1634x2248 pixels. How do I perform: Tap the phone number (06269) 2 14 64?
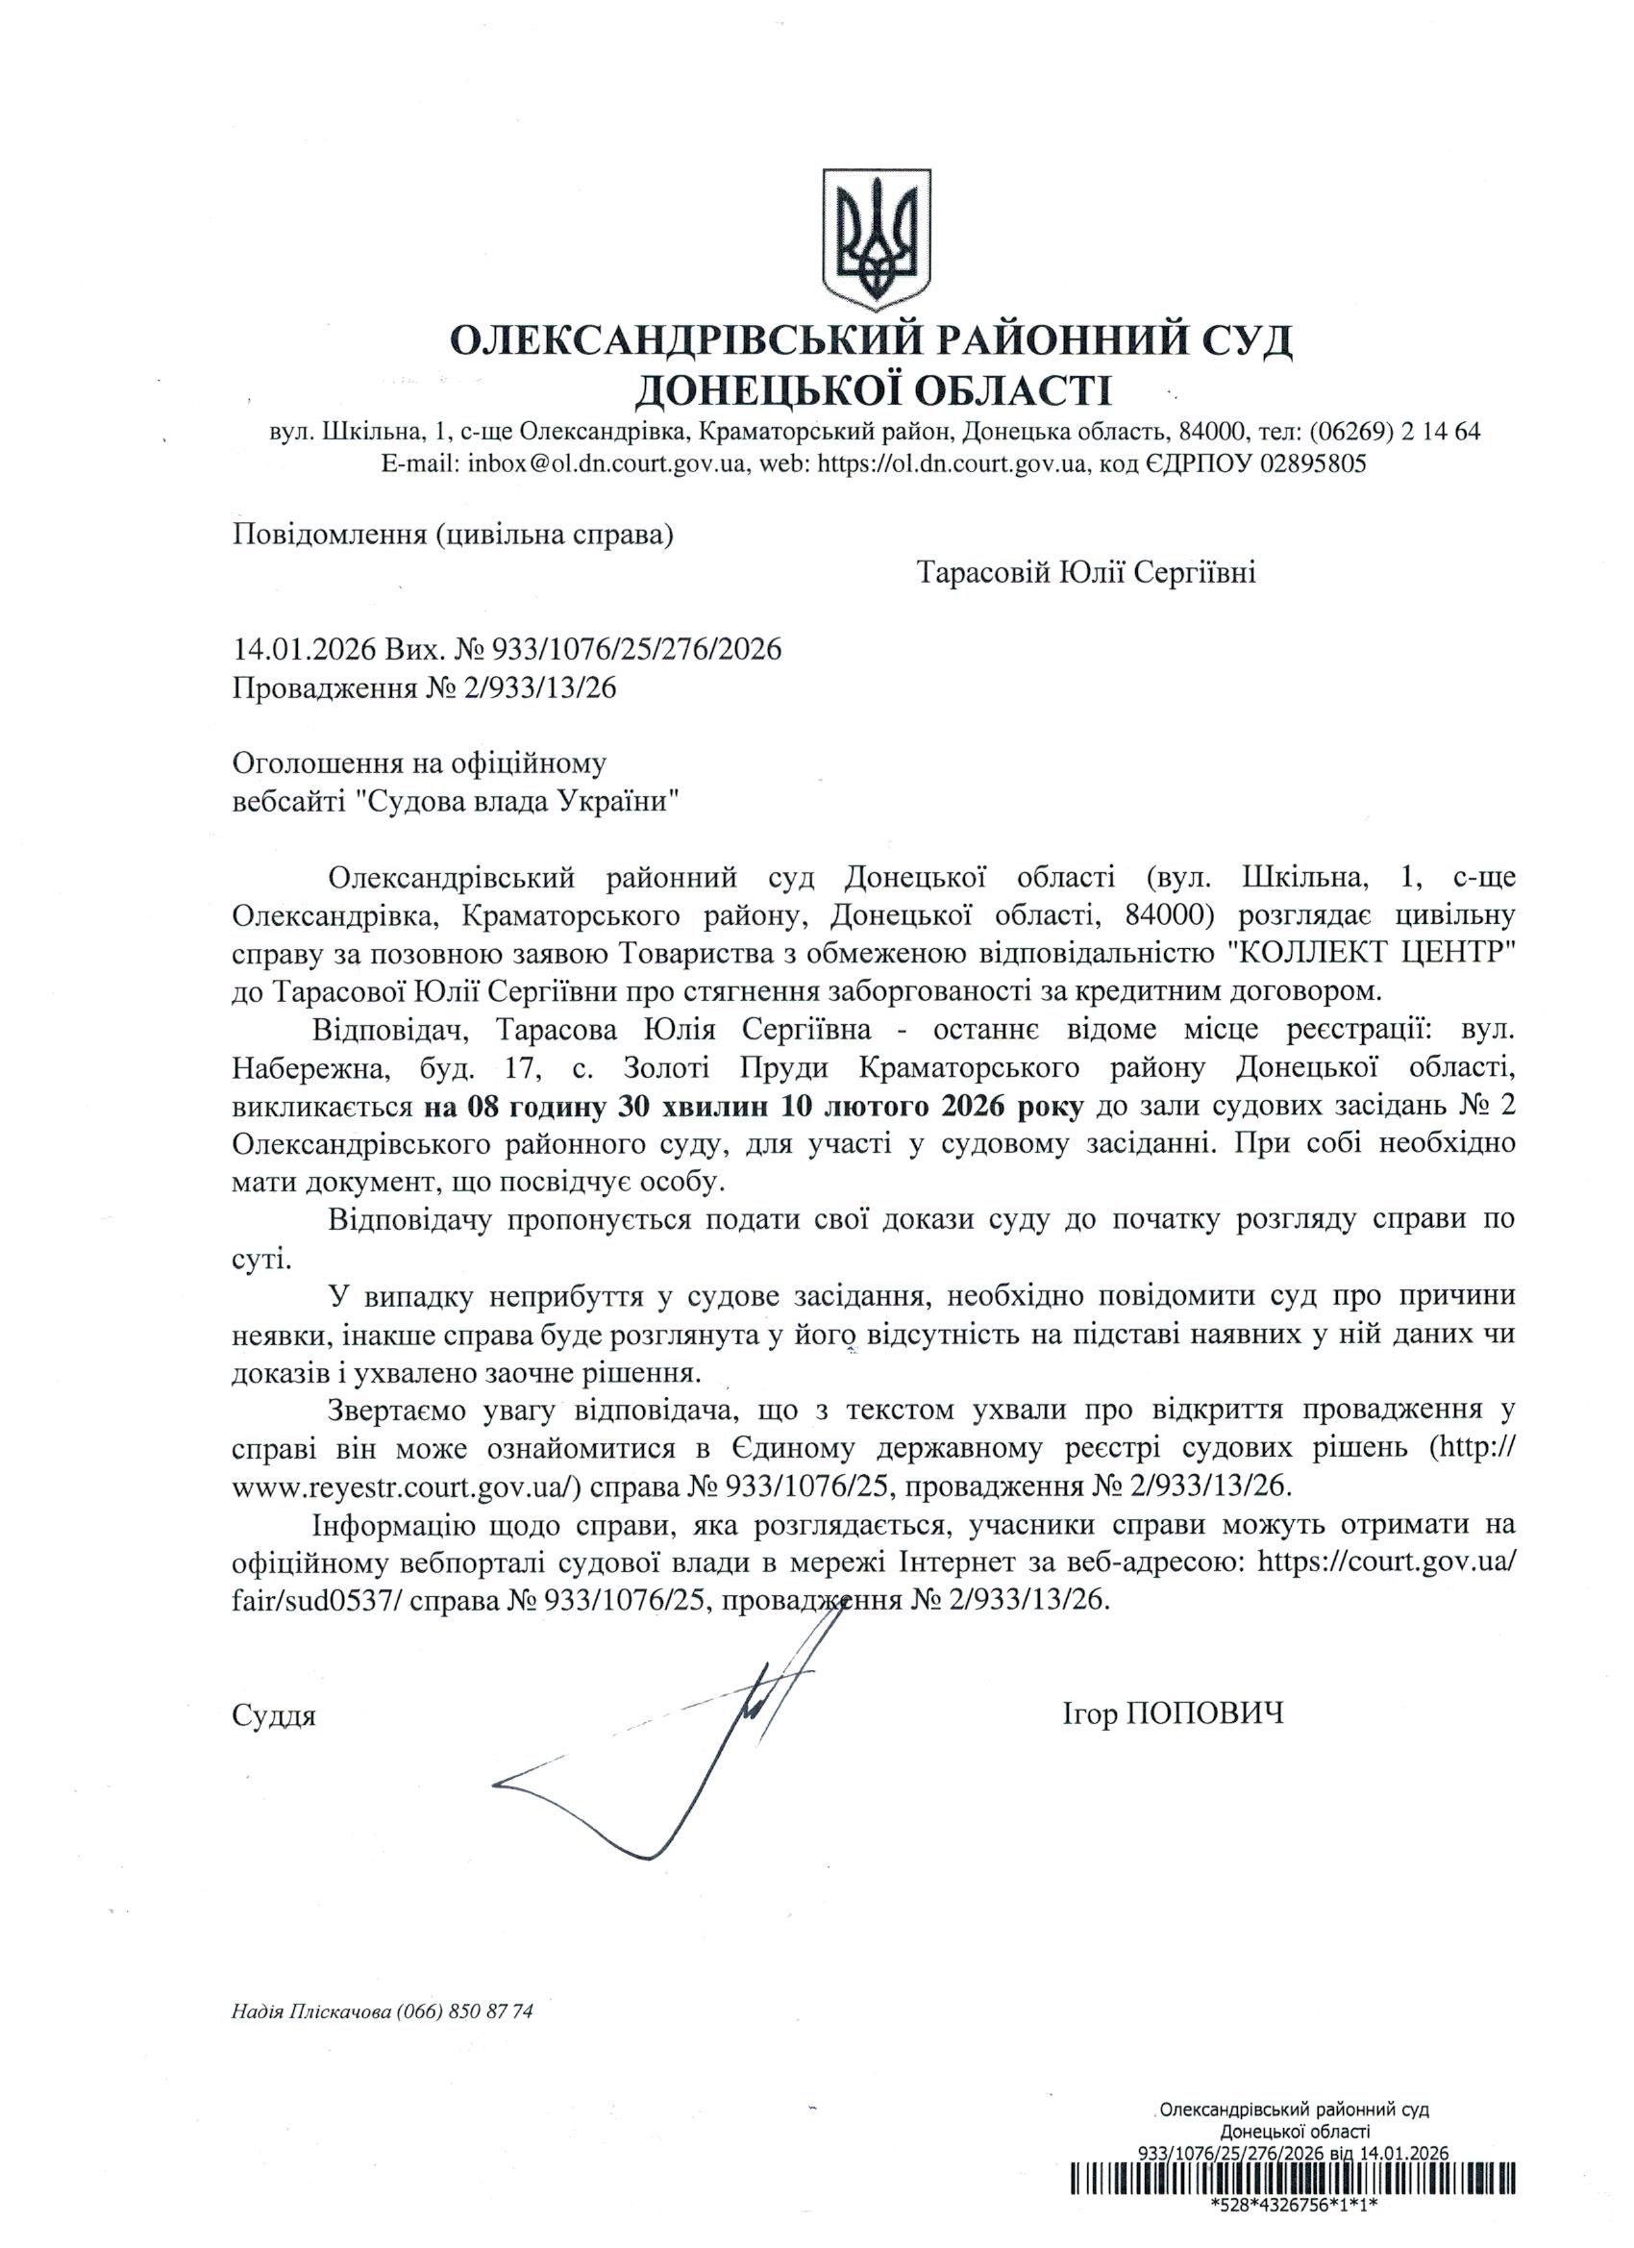click(x=1396, y=432)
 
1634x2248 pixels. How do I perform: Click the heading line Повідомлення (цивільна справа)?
click(x=453, y=536)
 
